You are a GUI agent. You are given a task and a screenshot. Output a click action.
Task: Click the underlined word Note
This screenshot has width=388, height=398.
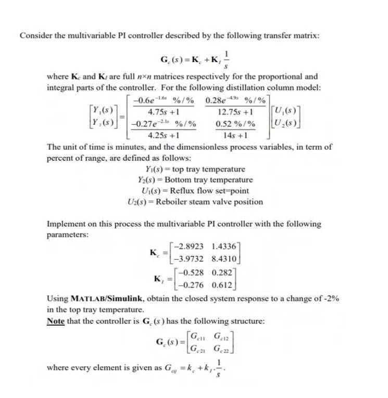tap(56, 321)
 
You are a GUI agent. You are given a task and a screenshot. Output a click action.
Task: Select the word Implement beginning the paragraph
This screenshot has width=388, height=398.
tap(68, 224)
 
